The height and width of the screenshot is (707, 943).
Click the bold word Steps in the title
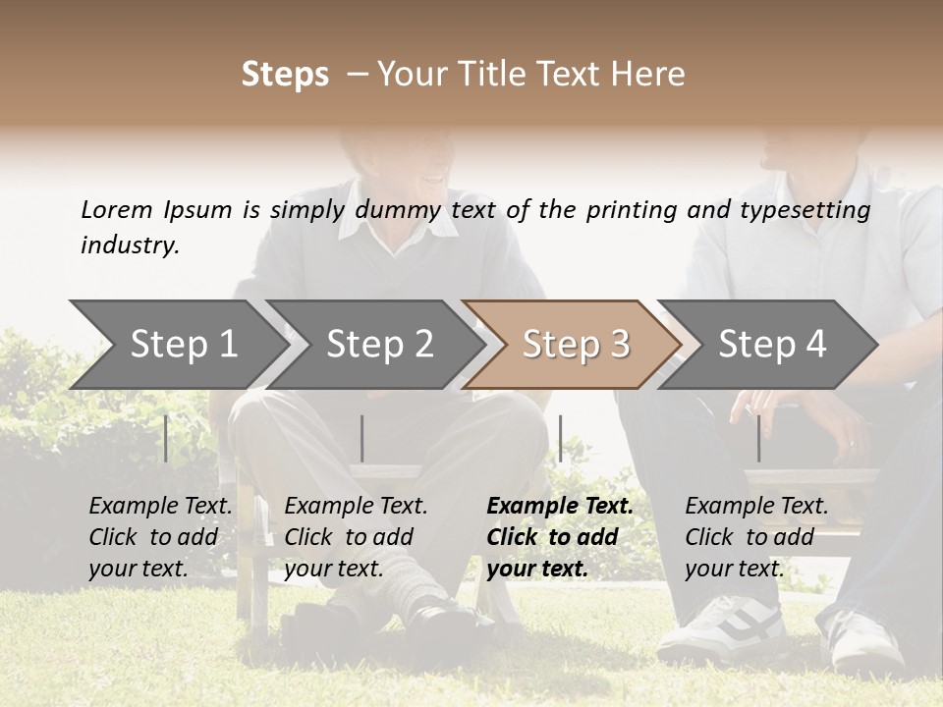(x=285, y=75)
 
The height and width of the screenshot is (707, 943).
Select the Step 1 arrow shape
(x=177, y=344)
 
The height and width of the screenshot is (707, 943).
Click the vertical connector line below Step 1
(x=166, y=438)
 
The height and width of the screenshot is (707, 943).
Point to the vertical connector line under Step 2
(x=362, y=438)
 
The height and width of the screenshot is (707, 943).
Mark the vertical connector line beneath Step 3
(x=560, y=438)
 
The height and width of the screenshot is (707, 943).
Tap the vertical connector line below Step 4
(x=758, y=438)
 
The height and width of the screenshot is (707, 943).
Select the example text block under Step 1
(x=160, y=537)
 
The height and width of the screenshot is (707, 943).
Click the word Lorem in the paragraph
(x=117, y=209)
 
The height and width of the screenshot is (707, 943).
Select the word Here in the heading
(x=649, y=75)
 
